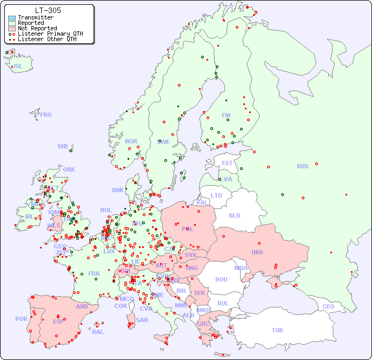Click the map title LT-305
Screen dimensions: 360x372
(48, 10)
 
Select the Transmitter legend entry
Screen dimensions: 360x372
(35, 17)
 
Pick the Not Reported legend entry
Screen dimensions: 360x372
(37, 28)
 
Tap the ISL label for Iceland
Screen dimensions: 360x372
(18, 67)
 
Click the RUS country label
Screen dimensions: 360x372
(302, 166)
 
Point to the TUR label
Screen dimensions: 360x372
(277, 330)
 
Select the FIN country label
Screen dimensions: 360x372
(226, 115)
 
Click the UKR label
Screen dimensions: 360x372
(257, 252)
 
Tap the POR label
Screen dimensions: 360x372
(21, 319)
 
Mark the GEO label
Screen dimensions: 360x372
(328, 306)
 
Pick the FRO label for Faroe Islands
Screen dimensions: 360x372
(46, 115)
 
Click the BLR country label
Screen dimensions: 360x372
(234, 215)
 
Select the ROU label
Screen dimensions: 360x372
(221, 279)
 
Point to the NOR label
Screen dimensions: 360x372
(131, 141)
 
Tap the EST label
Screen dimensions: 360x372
(227, 163)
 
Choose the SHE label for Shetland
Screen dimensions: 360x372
(63, 146)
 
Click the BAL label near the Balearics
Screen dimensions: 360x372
(97, 332)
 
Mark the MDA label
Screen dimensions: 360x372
(241, 268)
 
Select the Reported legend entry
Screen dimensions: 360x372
(31, 23)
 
